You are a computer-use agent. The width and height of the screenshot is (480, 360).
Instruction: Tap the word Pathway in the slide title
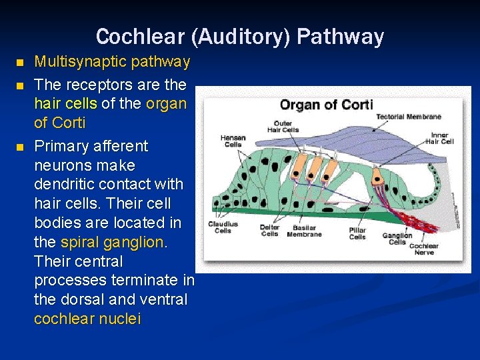(x=341, y=37)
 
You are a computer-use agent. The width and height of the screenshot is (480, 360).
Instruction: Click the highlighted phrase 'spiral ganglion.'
(x=114, y=242)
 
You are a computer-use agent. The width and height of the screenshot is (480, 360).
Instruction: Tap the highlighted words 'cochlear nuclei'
(x=87, y=319)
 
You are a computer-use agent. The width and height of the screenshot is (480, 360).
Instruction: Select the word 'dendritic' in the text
(x=67, y=184)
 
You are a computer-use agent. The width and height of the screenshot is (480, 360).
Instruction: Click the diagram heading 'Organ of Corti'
(x=326, y=105)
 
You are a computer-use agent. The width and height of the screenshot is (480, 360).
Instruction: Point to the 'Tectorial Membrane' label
(x=408, y=117)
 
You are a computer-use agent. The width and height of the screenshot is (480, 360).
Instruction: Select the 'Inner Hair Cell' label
(x=439, y=138)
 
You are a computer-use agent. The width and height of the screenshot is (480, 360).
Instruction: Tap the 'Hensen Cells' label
(x=233, y=141)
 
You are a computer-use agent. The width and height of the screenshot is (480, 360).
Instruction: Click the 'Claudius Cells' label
(x=223, y=227)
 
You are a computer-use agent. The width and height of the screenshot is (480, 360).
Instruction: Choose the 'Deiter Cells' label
(x=269, y=231)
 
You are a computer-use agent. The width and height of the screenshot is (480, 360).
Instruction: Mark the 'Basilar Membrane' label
(x=304, y=231)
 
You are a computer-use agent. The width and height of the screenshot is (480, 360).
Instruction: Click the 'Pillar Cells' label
(x=357, y=233)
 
